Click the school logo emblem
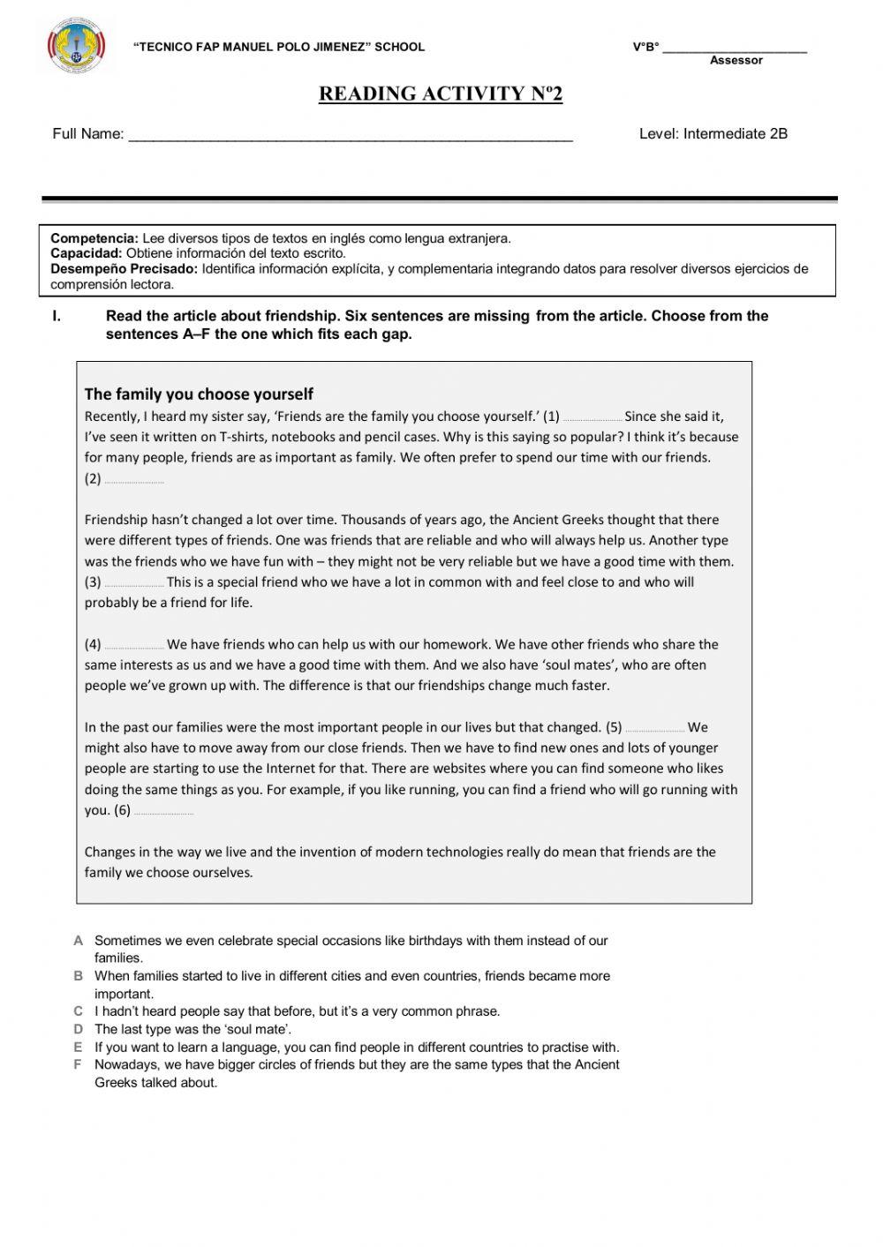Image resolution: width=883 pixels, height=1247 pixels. (x=77, y=48)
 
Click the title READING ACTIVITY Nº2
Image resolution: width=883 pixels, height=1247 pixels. (x=441, y=94)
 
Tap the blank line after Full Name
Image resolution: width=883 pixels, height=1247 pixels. (x=351, y=135)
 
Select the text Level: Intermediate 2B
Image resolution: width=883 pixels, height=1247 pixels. (x=713, y=134)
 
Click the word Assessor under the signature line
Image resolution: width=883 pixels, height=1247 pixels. (x=736, y=61)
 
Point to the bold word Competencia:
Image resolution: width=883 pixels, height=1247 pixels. (x=94, y=238)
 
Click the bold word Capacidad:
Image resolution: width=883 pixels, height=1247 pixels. (x=87, y=253)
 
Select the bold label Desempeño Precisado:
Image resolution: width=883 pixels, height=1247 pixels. (x=125, y=269)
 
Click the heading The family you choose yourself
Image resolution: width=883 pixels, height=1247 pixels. (x=199, y=394)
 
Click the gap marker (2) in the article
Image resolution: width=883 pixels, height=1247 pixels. (x=94, y=479)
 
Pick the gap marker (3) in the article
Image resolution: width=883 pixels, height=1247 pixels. (x=94, y=582)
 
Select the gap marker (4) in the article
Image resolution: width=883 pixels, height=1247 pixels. (x=94, y=645)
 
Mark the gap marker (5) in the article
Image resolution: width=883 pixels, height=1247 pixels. (x=615, y=728)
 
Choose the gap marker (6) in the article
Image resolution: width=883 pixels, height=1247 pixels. (x=123, y=811)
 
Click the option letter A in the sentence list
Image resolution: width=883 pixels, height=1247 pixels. (x=79, y=941)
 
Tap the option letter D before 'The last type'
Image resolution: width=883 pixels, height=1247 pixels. (x=79, y=1029)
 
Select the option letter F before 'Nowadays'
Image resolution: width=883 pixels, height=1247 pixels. (x=79, y=1064)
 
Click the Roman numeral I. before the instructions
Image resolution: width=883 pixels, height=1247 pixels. (x=57, y=316)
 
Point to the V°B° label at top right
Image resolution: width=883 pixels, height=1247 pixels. (x=645, y=48)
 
